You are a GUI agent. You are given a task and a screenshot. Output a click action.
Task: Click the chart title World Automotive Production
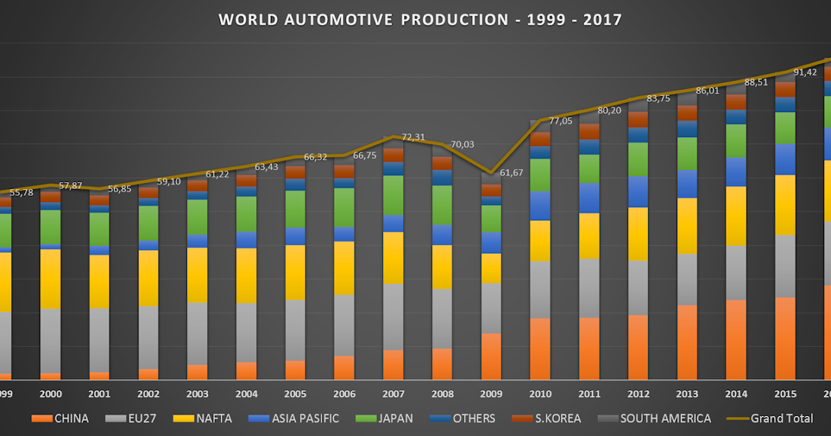pos(420,19)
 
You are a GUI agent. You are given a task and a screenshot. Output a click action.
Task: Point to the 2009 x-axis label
pos(491,393)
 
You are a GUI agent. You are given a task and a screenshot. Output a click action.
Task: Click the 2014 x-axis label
pos(735,393)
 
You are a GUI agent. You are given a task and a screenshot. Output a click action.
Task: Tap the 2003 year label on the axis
pos(197,393)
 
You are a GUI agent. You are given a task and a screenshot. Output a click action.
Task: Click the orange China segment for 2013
pos(687,343)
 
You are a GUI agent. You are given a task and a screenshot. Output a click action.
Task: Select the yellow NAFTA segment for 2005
pos(295,272)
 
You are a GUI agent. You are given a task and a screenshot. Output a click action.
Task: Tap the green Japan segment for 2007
pos(393,194)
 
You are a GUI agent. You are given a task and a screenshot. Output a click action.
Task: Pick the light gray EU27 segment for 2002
pos(148,337)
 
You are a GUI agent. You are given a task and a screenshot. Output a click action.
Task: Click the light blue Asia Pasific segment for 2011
pos(589,198)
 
